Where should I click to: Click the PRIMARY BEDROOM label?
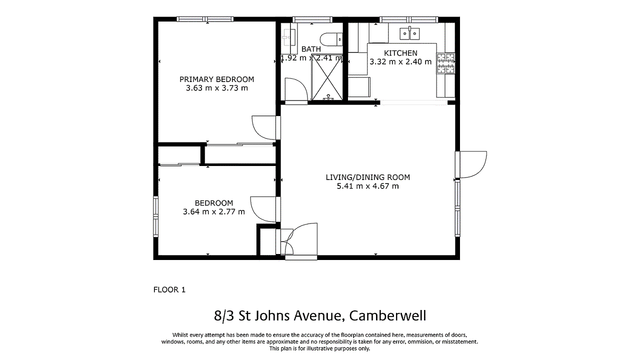pos(216,79)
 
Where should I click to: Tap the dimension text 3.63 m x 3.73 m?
pos(216,88)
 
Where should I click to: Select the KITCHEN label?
pos(400,53)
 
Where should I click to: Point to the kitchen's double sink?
pos(409,33)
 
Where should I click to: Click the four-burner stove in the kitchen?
pos(446,63)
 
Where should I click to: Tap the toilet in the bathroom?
pos(331,37)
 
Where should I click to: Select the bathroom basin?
pos(288,36)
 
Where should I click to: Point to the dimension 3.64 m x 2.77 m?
pos(214,211)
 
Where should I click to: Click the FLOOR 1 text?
pos(169,289)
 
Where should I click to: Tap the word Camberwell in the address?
pos(387,316)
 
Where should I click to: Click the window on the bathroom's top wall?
pos(312,19)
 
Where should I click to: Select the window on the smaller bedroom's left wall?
pos(155,216)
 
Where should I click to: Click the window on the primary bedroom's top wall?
pos(205,19)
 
